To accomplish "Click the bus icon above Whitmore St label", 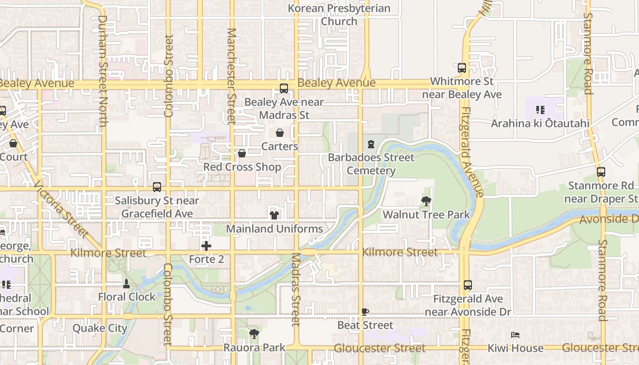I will point(462,68).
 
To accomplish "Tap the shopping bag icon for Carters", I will point(280,133).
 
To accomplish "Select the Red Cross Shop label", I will point(242,167).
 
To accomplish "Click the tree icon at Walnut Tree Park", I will point(426,201).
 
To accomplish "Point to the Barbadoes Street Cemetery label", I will point(371,164).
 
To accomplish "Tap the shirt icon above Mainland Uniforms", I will point(274,215).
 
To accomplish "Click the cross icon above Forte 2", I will point(206,246).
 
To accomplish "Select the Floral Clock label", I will point(127,297).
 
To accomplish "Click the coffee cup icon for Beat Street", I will point(365,312).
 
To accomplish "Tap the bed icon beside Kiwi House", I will point(515,335).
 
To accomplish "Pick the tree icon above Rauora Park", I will point(254,334).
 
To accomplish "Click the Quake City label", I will point(100,328).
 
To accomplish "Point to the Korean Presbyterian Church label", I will point(339,15).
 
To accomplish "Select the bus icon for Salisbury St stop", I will point(157,187).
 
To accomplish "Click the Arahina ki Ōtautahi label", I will point(540,124).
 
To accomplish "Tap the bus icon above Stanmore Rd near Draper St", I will point(601,172).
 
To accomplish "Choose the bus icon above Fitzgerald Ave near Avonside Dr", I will point(468,285).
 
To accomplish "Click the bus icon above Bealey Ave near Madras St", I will point(284,89).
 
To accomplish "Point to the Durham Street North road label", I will point(103,71).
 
